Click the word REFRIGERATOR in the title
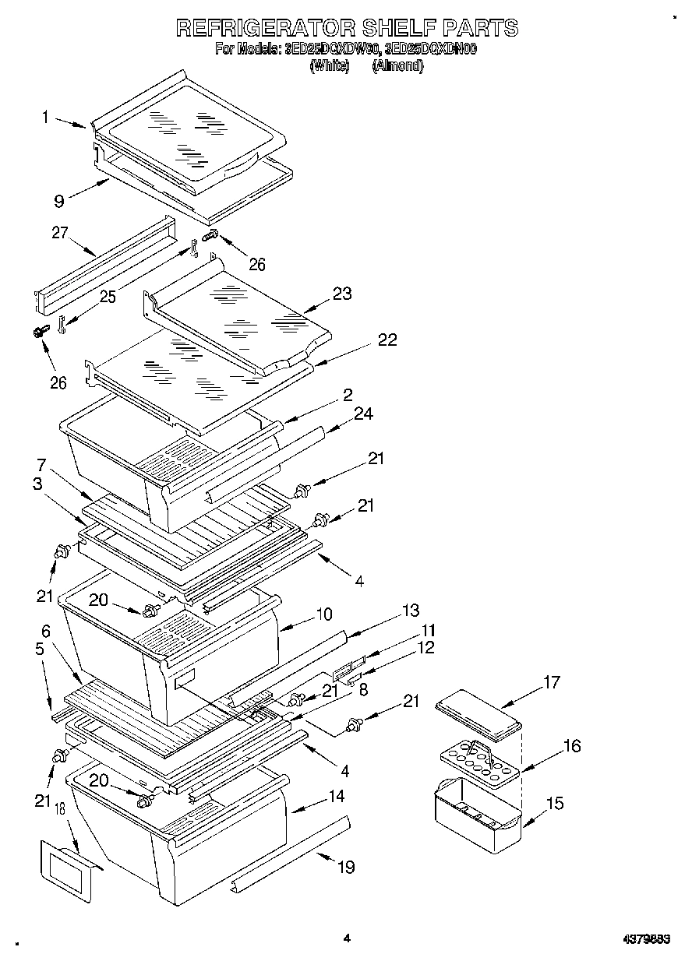[265, 28]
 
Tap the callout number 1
[45, 117]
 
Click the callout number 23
[341, 294]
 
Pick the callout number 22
[387, 340]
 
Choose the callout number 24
[364, 414]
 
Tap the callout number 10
[323, 614]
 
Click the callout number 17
[551, 683]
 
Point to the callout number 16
[571, 746]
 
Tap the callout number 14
[337, 797]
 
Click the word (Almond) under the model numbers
[397, 66]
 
